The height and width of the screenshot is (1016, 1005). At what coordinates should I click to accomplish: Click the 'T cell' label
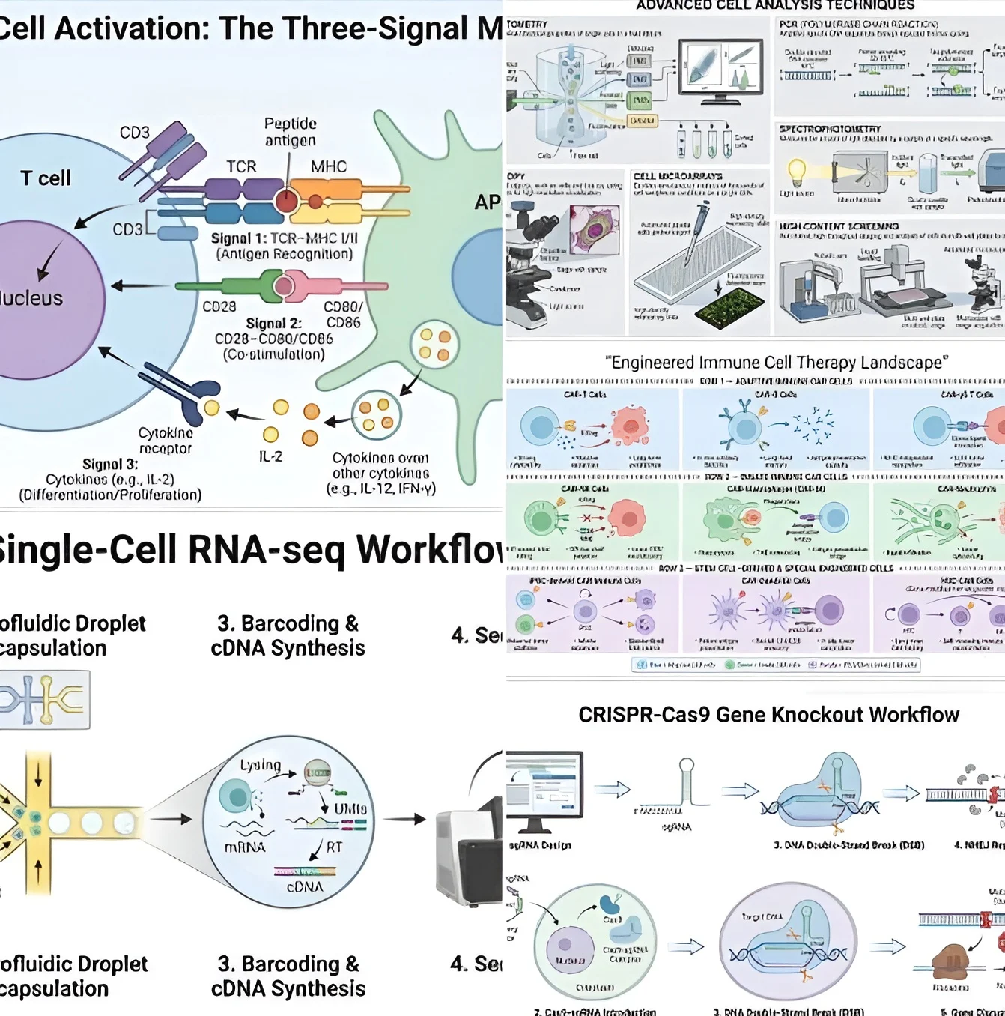coord(46,178)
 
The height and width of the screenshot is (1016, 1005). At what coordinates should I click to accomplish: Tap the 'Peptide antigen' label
coord(290,132)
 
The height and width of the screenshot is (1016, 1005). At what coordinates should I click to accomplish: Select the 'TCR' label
coord(241,166)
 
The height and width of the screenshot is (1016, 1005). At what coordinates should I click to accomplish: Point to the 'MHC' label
coord(328,166)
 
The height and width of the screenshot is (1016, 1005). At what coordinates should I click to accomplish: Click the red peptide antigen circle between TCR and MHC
coord(286,201)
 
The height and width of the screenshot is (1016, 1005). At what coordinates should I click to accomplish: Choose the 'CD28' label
coord(219,306)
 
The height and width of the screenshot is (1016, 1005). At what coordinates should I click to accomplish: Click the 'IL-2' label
coord(270,456)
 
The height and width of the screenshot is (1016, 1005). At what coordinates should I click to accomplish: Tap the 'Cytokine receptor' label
coord(166,441)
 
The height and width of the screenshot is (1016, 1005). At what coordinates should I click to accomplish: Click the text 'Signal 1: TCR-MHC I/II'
coord(284,238)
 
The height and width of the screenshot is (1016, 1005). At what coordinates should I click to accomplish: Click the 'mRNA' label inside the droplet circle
coord(245,847)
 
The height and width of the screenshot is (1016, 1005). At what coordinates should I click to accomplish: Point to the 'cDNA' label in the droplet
coord(305,886)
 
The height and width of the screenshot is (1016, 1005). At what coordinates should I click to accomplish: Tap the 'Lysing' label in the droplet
coord(260,765)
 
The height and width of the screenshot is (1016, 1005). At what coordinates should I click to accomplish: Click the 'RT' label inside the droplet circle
coord(334,847)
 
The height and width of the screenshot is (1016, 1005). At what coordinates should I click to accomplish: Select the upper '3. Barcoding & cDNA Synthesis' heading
coord(288,635)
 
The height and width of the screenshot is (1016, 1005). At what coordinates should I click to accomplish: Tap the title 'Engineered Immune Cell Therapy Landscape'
coord(776,363)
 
